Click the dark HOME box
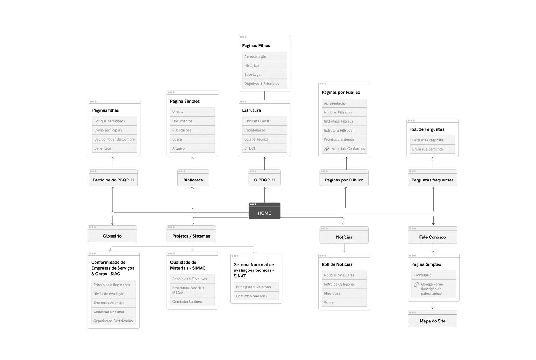pyautogui.click(x=264, y=213)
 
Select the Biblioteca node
pyautogui.click(x=193, y=180)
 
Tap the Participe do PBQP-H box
pyautogui.click(x=113, y=180)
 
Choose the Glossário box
pyautogui.click(x=112, y=236)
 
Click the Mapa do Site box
pyautogui.click(x=432, y=321)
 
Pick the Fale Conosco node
pyautogui.click(x=432, y=237)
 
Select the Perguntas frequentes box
pyautogui.click(x=432, y=180)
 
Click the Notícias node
pyautogui.click(x=344, y=237)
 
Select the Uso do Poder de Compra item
pyautogui.click(x=114, y=139)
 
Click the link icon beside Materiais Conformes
pyautogui.click(x=326, y=149)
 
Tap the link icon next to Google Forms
pyautogui.click(x=416, y=285)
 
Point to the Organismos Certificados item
pyautogui.click(x=114, y=321)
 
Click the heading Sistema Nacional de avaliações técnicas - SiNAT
pyautogui.click(x=254, y=270)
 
